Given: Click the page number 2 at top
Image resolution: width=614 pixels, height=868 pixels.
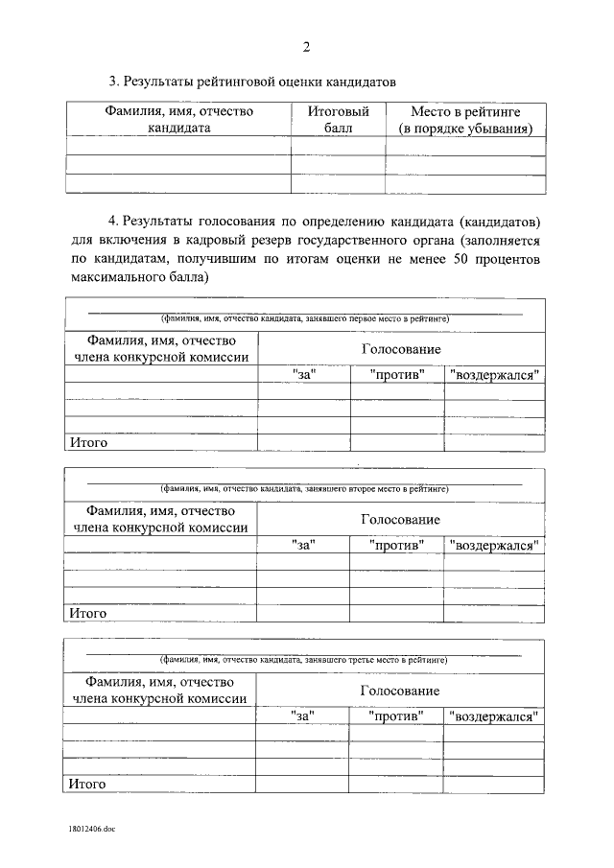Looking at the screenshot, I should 306,47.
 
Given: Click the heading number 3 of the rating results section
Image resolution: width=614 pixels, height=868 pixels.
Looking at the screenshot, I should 112,82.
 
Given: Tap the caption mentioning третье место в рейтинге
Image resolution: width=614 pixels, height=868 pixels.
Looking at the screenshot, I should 304,660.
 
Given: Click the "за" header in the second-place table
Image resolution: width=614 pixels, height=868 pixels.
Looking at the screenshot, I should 303,545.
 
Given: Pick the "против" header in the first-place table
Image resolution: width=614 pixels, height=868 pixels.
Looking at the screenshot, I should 397,374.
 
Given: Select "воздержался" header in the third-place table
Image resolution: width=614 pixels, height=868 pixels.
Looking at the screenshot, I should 494,716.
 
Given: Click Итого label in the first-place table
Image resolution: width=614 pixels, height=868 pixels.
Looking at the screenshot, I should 86,442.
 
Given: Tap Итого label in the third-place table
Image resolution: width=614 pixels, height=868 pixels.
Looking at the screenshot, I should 86,784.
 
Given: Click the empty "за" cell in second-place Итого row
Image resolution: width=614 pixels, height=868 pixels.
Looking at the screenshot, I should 303,613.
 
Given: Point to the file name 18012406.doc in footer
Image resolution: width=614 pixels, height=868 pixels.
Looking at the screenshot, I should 90,826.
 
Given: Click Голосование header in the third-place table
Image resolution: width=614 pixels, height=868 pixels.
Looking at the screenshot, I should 400,691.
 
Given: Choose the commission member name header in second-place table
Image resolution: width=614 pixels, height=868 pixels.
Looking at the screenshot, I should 160,519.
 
